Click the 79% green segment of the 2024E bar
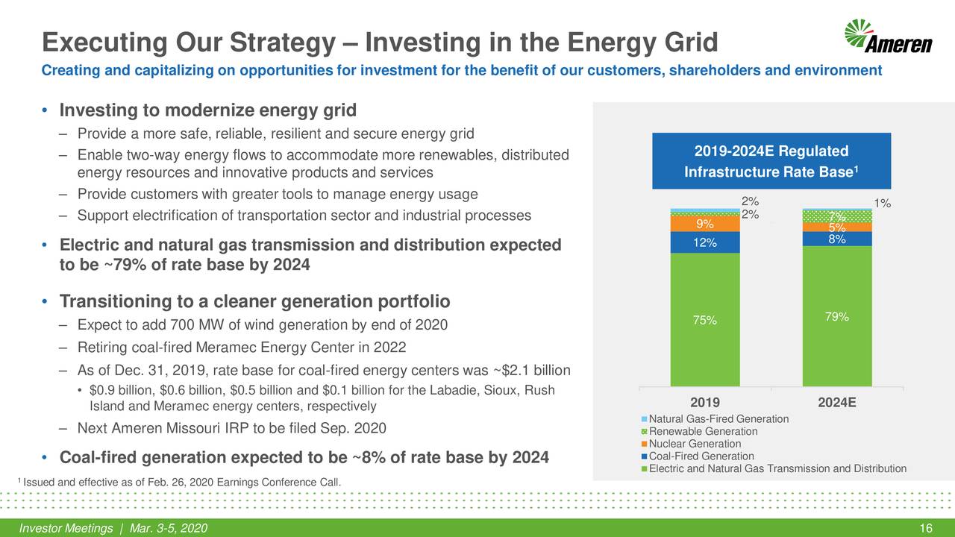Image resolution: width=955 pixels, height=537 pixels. tap(837, 316)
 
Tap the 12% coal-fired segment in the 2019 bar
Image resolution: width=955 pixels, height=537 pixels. tap(705, 242)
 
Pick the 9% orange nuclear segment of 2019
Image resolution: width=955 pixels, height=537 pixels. tap(705, 223)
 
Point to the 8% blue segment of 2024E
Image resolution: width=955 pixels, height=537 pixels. tap(837, 239)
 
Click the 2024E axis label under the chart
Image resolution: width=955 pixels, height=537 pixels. tap(837, 403)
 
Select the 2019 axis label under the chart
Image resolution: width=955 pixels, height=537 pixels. tap(705, 403)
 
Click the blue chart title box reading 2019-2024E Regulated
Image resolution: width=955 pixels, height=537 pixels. tap(771, 161)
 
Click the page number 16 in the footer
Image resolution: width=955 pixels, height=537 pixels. tap(927, 529)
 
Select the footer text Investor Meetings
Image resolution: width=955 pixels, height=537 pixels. tap(67, 529)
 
